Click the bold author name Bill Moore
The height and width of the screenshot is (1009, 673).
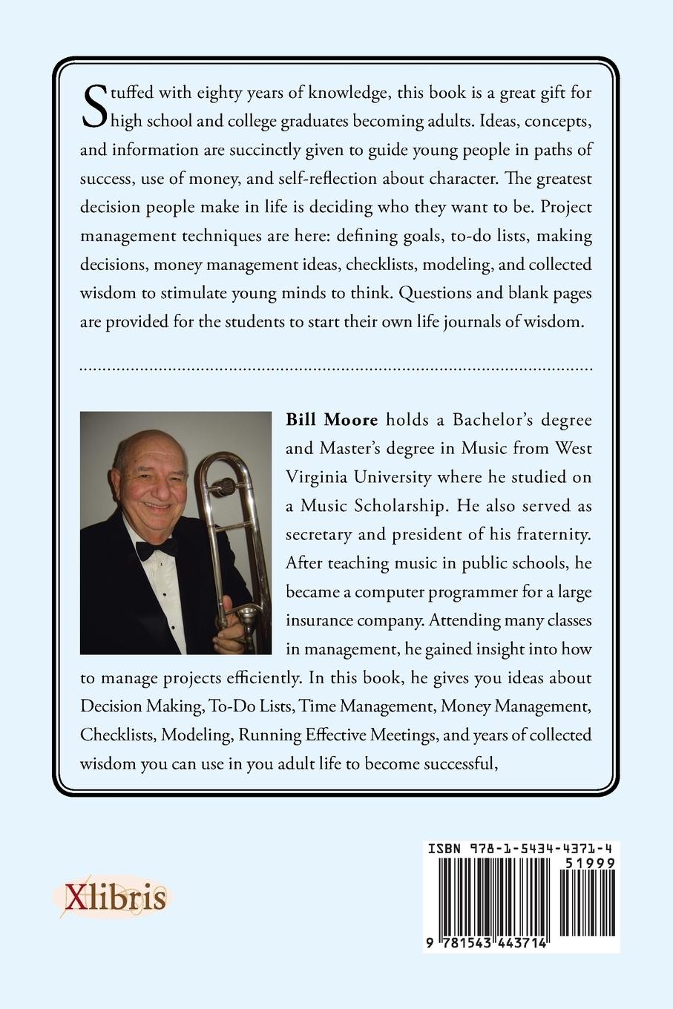(332, 420)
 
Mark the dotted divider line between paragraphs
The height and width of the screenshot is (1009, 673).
(335, 367)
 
